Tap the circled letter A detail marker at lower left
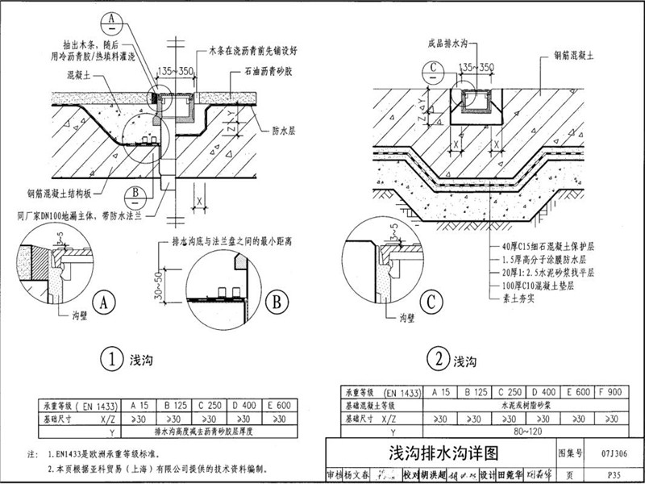[x=102, y=303]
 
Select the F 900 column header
[x=614, y=392]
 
